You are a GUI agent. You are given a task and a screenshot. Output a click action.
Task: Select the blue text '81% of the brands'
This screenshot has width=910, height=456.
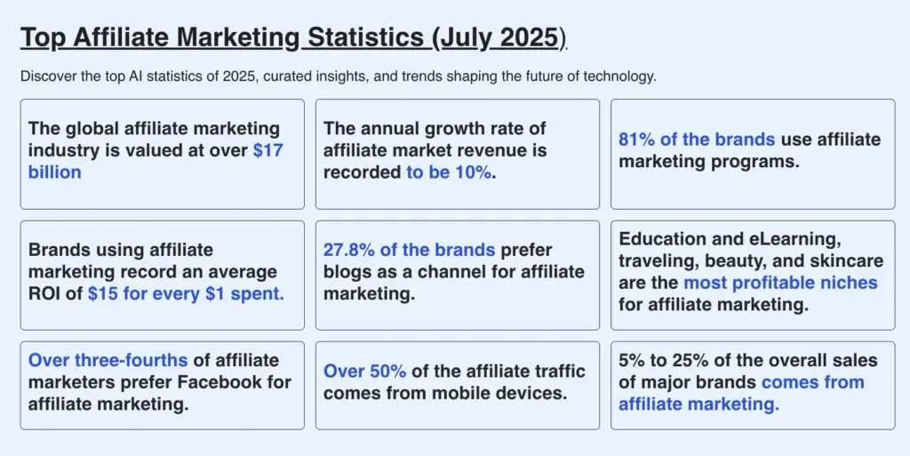click(697, 140)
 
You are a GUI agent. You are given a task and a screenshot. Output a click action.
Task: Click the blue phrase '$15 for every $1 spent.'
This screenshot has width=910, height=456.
click(186, 293)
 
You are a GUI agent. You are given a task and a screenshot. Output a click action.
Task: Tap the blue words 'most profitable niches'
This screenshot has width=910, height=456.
click(780, 284)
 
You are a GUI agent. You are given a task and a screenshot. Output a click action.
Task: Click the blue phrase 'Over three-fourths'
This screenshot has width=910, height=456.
click(108, 361)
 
